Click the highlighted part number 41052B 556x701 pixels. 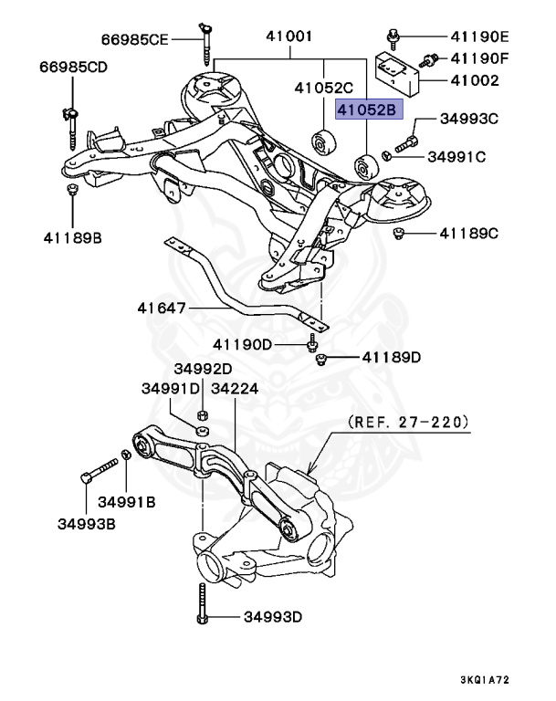[368, 110]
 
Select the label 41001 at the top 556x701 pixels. [289, 37]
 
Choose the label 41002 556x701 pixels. [474, 81]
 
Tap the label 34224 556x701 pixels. [235, 388]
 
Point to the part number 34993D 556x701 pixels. [272, 618]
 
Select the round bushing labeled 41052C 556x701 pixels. [321, 141]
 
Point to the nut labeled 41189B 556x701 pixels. [71, 190]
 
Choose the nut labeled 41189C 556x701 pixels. [399, 235]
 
